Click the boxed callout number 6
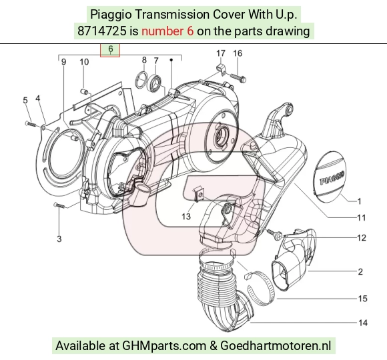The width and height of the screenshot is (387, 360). coord(111,49)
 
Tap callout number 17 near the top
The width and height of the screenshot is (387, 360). coord(221,53)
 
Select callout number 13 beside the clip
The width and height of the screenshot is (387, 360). coord(186,216)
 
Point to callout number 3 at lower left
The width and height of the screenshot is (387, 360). coord(59,239)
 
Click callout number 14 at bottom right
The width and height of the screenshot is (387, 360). coord(363,323)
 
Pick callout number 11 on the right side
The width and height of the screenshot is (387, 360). coord(362,217)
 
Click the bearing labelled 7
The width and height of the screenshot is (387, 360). coord(155,81)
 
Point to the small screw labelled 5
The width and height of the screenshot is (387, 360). coord(31,123)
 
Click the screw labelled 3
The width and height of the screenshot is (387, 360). coord(60,205)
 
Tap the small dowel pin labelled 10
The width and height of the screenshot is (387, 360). coord(85,92)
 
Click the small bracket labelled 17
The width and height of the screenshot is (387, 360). coord(221,69)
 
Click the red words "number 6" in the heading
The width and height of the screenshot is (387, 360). coord(167,31)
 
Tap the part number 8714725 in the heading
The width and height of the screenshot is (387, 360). coord(101,31)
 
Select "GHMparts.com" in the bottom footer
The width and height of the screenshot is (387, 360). coord(164,346)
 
